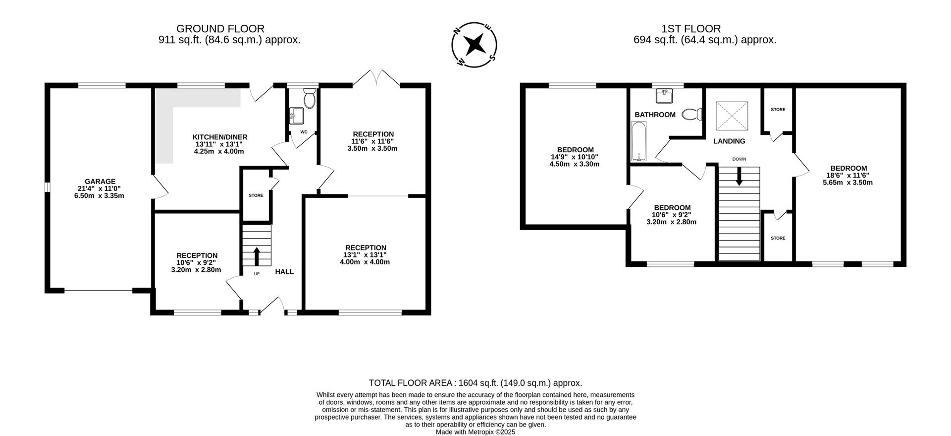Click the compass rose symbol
click(x=475, y=44)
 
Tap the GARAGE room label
click(x=100, y=182)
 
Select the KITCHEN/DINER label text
click(x=219, y=137)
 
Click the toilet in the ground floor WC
click(x=310, y=99)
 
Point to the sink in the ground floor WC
click(x=296, y=116)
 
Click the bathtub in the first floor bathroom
click(x=639, y=142)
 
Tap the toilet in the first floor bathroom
click(x=692, y=115)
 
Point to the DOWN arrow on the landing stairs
click(x=739, y=177)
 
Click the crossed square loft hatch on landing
click(x=732, y=116)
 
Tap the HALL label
click(x=284, y=271)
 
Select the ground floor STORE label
click(x=256, y=195)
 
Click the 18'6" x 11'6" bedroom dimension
click(x=848, y=175)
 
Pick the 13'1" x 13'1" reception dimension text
click(x=365, y=255)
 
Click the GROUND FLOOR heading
click(x=220, y=29)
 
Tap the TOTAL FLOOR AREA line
click(x=475, y=383)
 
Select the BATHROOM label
click(x=655, y=115)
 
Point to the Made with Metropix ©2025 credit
click(x=475, y=432)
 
